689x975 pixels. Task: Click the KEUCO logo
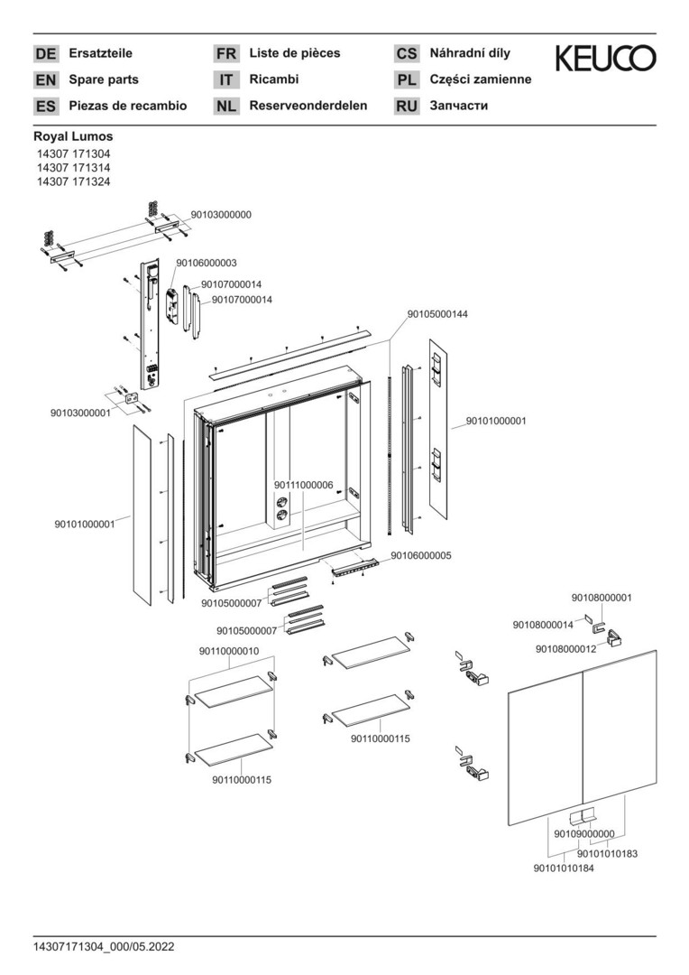(605, 59)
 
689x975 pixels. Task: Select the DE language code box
(45, 54)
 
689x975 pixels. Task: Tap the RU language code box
(407, 107)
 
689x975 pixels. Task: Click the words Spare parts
(104, 79)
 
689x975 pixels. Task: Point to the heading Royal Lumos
(73, 136)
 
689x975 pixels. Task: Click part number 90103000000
(221, 215)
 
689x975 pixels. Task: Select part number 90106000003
(207, 263)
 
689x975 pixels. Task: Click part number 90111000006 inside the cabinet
(305, 485)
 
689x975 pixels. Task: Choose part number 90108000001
(602, 598)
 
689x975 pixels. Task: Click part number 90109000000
(584, 833)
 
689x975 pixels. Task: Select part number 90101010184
(565, 868)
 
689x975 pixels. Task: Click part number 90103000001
(80, 413)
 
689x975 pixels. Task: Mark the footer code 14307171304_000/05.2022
(104, 947)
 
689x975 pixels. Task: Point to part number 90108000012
(565, 649)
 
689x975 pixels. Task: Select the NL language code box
(225, 107)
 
